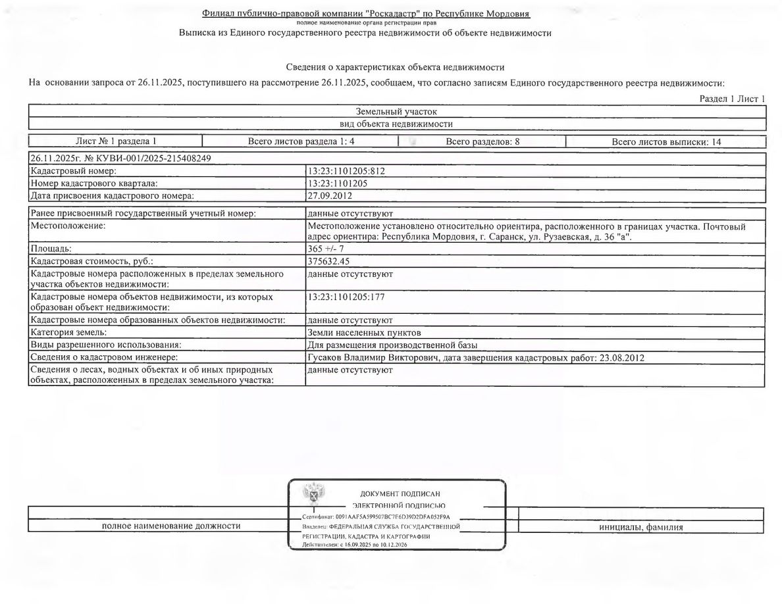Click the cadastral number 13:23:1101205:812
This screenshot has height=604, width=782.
pos(346,171)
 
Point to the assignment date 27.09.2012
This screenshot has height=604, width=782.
pos(327,195)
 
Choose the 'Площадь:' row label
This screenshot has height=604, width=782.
pos(51,249)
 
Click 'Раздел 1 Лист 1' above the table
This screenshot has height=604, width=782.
pos(732,99)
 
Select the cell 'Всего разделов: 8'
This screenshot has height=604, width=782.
pos(482,141)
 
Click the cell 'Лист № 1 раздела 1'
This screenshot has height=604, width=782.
pos(116,141)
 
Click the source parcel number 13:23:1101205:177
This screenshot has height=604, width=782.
pos(346,297)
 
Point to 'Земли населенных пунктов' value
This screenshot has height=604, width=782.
pos(359,333)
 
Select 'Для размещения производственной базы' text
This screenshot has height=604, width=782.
pos(392,345)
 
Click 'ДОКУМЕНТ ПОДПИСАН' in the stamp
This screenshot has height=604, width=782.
pos(400,493)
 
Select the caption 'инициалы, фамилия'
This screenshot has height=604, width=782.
pos(641,527)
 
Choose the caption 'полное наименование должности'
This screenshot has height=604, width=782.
pos(171,526)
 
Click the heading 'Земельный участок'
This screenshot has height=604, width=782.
pos(396,112)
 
